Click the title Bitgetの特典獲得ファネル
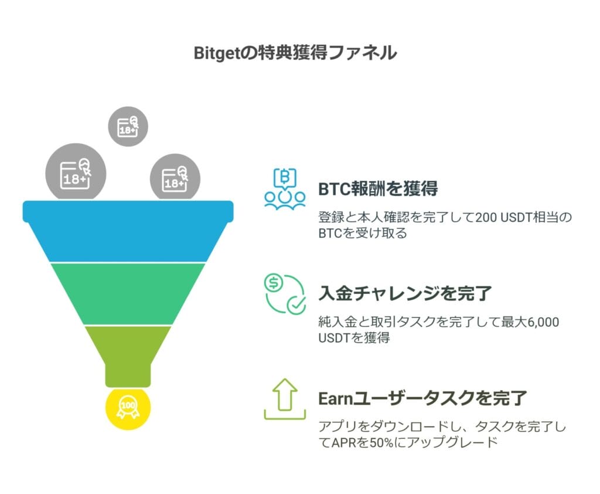(295, 53)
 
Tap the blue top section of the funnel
(128, 232)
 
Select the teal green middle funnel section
(128, 293)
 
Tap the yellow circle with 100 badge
(128, 406)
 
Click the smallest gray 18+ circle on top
(128, 126)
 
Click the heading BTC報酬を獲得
(378, 190)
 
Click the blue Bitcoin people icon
(285, 190)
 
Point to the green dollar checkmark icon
(285, 293)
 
